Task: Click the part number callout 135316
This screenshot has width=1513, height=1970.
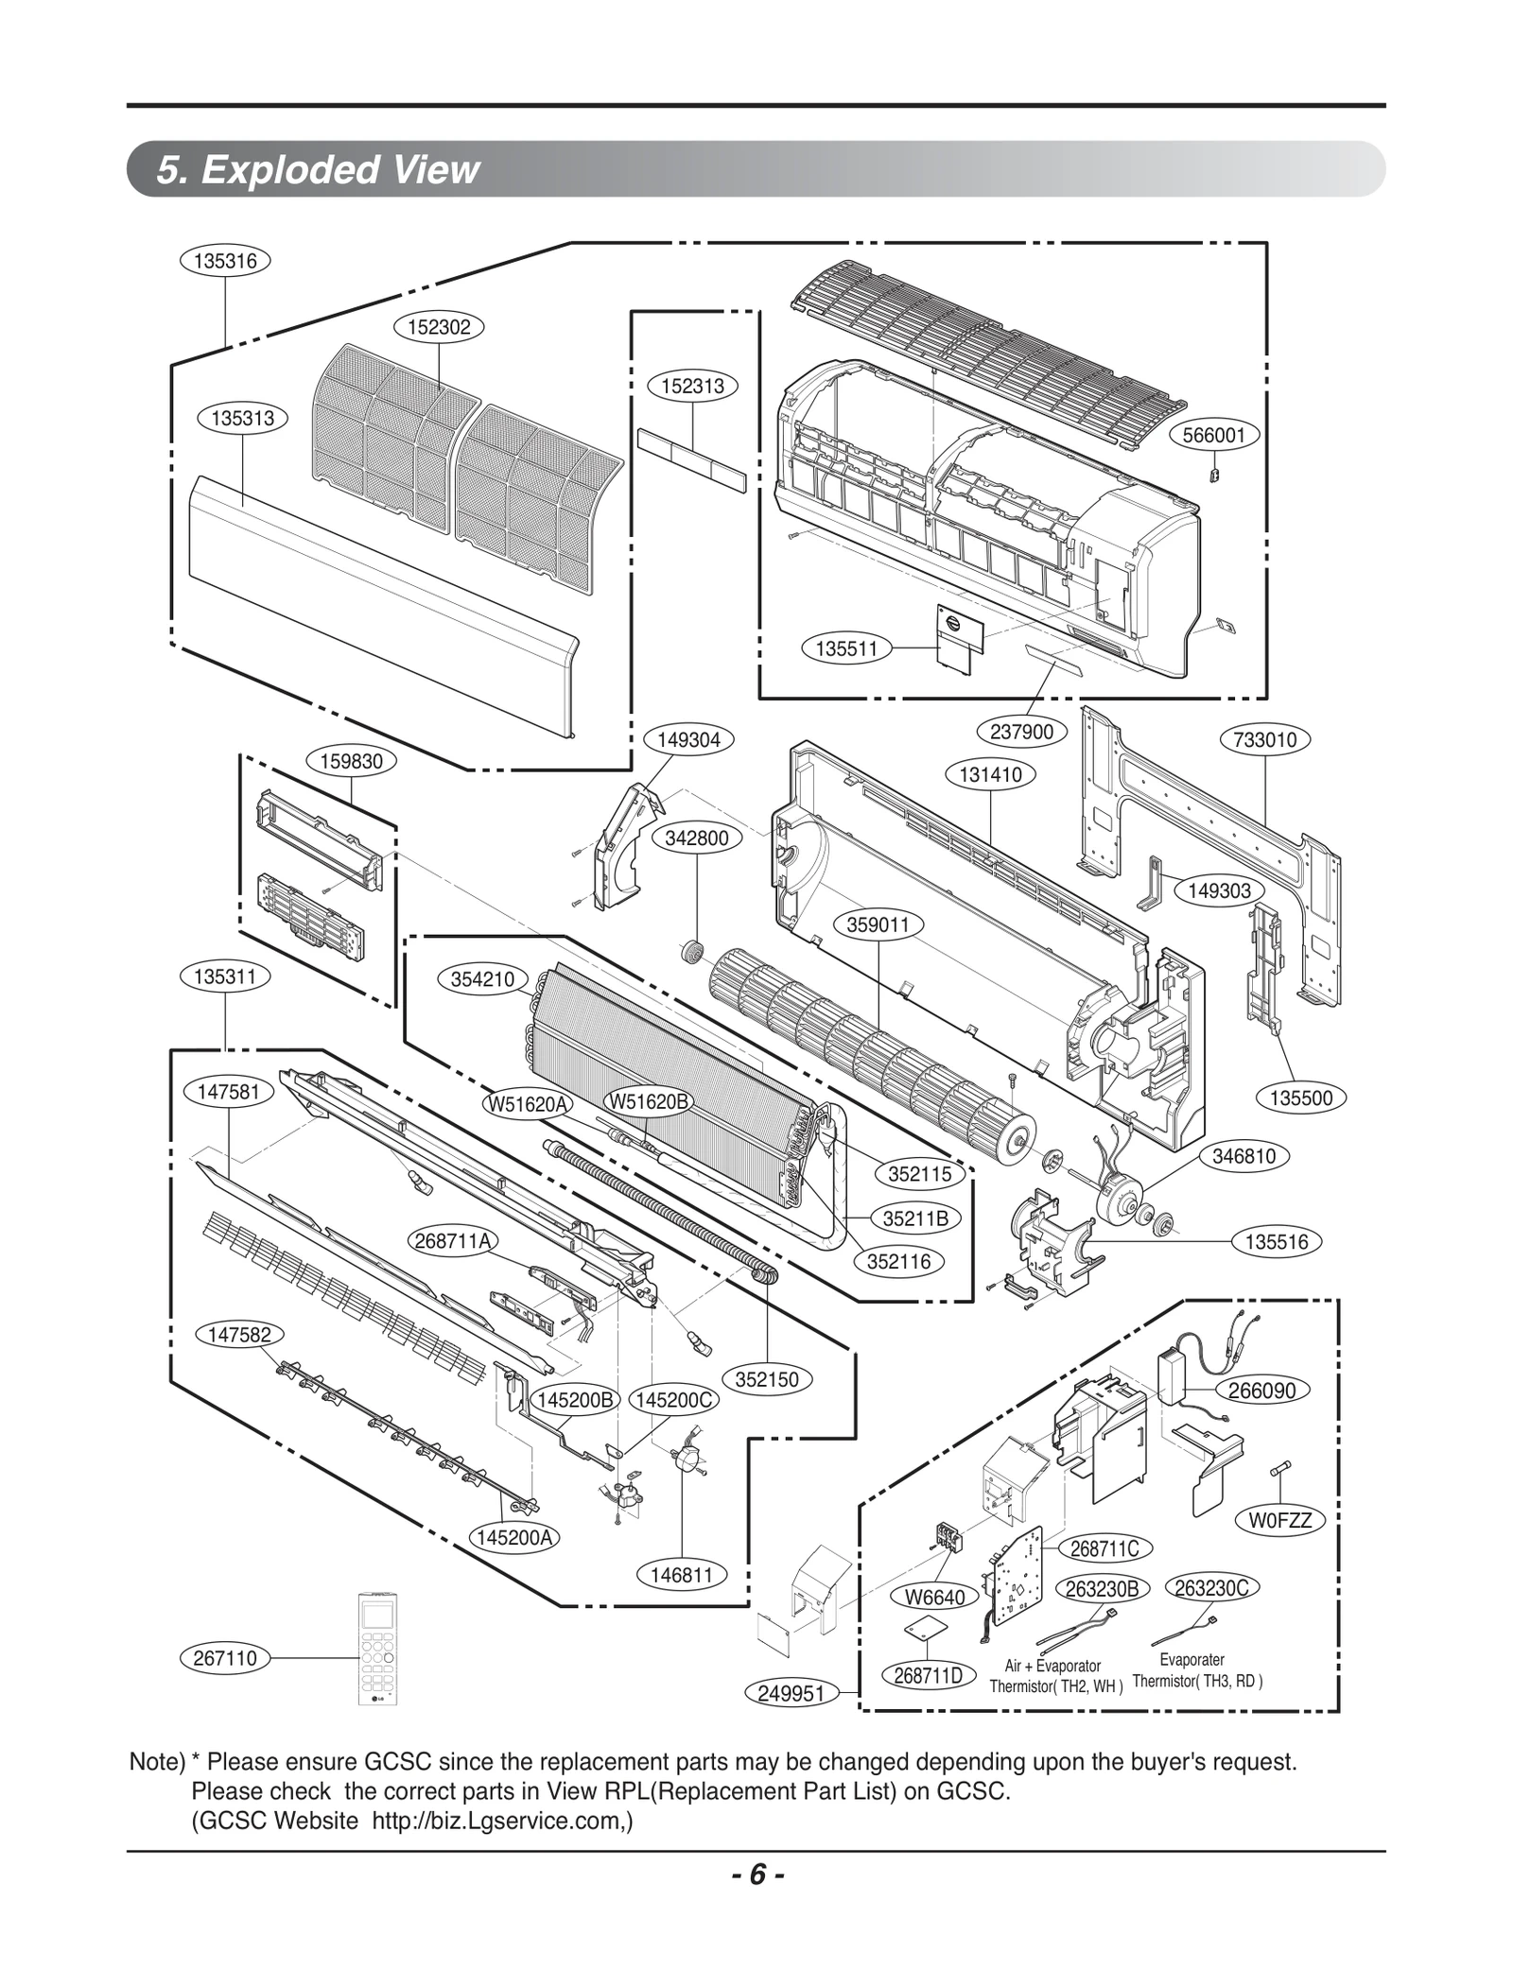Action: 225,261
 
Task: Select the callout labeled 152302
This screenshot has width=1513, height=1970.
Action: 439,327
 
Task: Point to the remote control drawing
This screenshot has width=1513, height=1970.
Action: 382,1650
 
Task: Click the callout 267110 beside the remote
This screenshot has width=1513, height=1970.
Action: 225,1658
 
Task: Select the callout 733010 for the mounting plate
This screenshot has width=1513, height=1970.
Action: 1265,739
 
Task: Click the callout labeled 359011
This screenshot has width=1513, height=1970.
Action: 878,925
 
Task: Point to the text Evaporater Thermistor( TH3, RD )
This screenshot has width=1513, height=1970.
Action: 1196,1670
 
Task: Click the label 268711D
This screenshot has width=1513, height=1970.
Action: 928,1676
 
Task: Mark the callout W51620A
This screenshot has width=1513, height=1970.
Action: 528,1103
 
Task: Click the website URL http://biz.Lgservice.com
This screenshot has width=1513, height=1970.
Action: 501,1822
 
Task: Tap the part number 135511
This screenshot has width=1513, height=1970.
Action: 846,648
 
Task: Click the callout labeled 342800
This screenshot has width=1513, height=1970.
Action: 697,838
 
